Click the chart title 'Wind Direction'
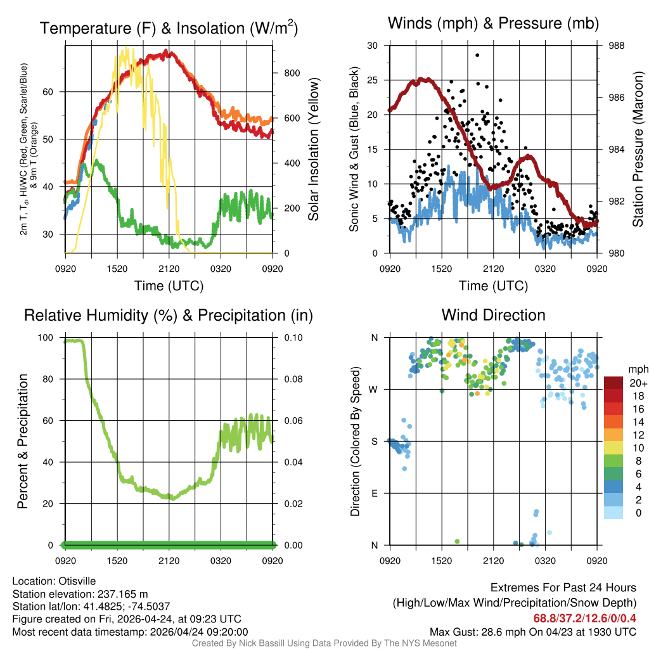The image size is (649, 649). tap(493, 315)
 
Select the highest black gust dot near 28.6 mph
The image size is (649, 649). tap(477, 55)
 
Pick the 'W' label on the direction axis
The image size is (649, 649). tap(374, 389)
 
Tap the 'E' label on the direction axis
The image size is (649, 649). tap(375, 493)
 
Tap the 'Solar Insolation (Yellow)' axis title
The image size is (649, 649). tap(313, 150)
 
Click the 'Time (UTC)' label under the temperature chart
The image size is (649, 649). tap(169, 286)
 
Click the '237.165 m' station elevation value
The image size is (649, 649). tap(122, 594)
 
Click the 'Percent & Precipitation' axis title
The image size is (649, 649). tap(23, 441)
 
